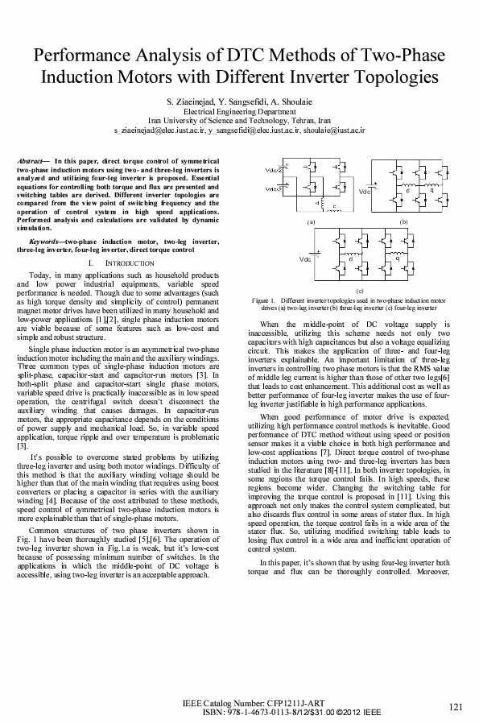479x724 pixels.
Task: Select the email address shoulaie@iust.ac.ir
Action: (x=336, y=128)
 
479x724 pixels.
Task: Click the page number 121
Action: (x=456, y=707)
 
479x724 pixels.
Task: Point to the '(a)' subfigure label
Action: (x=308, y=221)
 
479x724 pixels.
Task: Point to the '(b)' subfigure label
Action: (x=403, y=221)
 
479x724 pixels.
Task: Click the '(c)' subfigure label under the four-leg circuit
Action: (x=359, y=289)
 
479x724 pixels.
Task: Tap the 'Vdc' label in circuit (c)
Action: (x=305, y=259)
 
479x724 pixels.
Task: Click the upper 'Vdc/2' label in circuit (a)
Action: (x=274, y=170)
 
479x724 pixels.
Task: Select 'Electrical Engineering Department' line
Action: (x=239, y=112)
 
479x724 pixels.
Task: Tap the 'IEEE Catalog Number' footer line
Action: (x=242, y=704)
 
